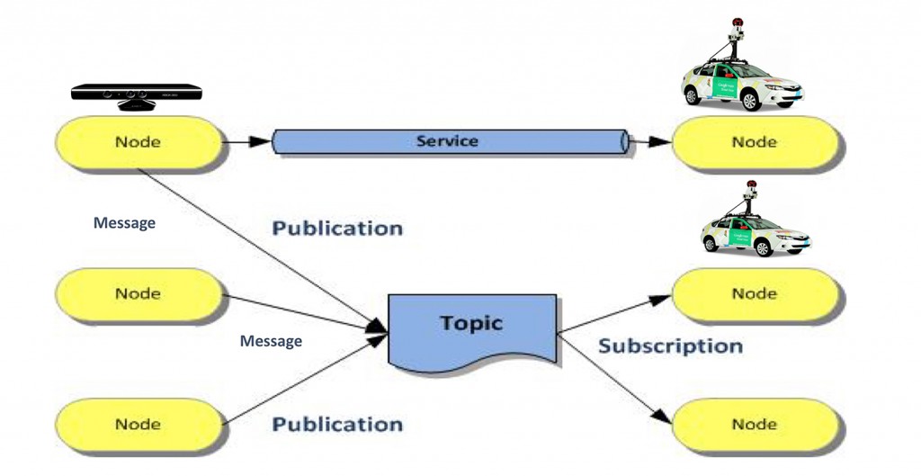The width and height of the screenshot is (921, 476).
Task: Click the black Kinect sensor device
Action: (136, 94)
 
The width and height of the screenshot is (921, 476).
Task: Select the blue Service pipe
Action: (448, 141)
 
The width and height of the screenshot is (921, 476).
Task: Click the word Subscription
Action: (671, 346)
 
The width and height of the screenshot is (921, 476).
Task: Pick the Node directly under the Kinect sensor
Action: (139, 142)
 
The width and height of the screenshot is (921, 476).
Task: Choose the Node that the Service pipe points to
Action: (755, 142)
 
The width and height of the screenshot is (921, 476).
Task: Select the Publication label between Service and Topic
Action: (337, 229)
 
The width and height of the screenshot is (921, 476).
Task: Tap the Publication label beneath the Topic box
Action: (337, 424)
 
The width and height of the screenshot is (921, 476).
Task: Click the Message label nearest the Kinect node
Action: (124, 222)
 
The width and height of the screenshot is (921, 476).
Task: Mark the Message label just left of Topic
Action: (271, 341)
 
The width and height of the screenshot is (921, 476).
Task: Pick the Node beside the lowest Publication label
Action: (139, 425)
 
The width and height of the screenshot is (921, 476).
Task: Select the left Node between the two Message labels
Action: (139, 293)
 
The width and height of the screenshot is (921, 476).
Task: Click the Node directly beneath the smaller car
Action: (755, 293)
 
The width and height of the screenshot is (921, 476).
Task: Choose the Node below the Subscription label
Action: (755, 425)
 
